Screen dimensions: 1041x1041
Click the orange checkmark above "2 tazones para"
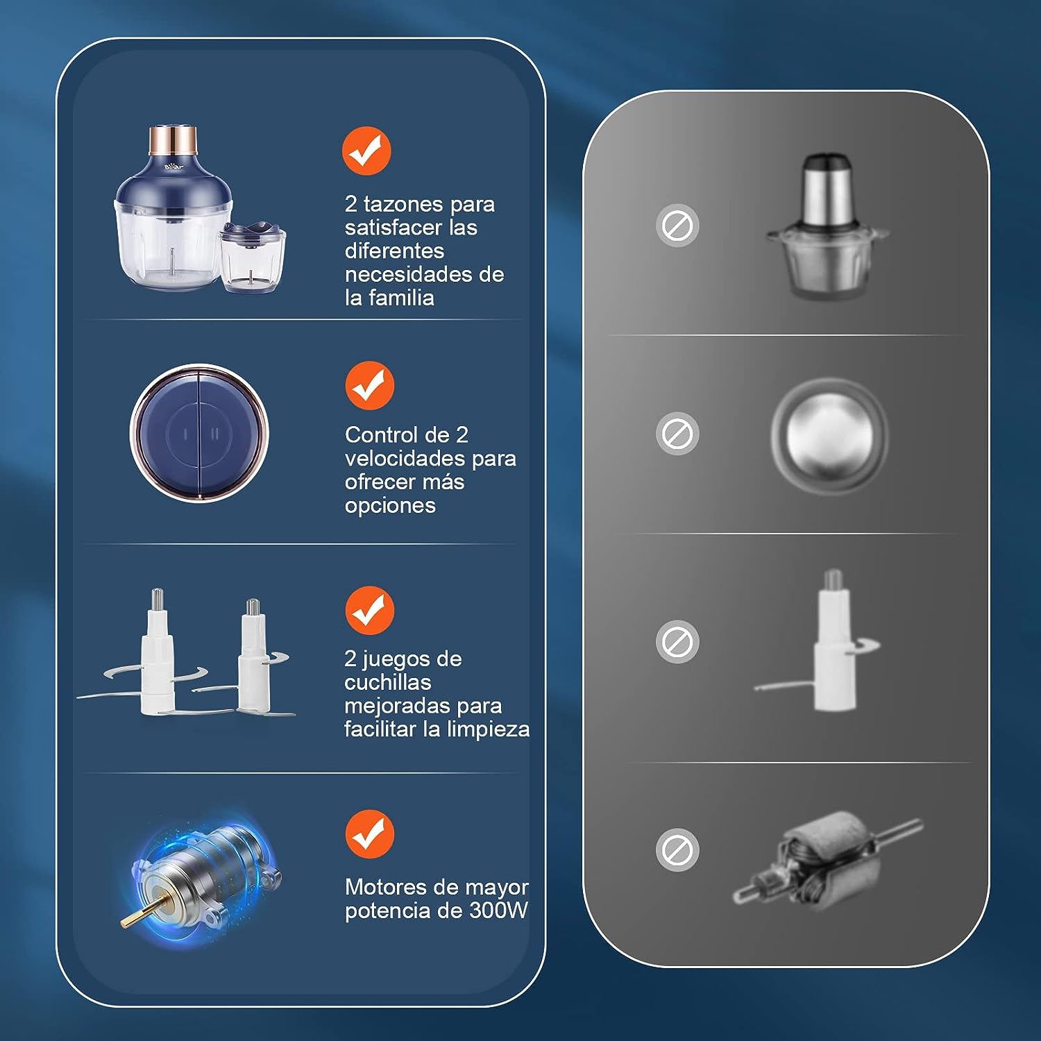pyautogui.click(x=366, y=151)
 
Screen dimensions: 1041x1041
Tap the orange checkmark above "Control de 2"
pyautogui.click(x=370, y=385)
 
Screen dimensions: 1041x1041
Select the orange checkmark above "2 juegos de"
pyautogui.click(x=370, y=610)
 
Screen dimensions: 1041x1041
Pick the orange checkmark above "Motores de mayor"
pyautogui.click(x=370, y=833)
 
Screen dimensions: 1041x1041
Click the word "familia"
pyautogui.click(x=401, y=298)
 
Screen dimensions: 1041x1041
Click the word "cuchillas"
pyautogui.click(x=388, y=682)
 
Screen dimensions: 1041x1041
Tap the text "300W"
pyautogui.click(x=498, y=910)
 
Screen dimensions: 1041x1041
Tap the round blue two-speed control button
pyautogui.click(x=199, y=433)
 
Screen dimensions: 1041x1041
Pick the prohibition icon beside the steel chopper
pyautogui.click(x=677, y=226)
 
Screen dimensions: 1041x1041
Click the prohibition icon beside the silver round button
pyautogui.click(x=677, y=434)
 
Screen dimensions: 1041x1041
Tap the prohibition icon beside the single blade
pyautogui.click(x=677, y=642)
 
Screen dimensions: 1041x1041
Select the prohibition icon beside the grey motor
pyautogui.click(x=677, y=850)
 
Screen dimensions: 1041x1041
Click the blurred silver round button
pyautogui.click(x=829, y=436)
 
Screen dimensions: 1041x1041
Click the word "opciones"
pyautogui.click(x=390, y=506)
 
